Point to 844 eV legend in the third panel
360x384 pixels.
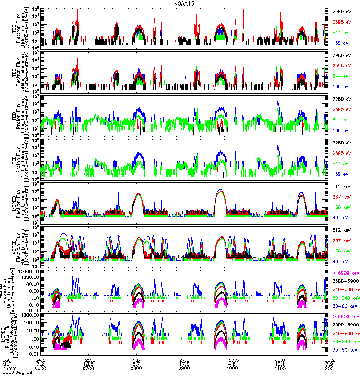point(342,120)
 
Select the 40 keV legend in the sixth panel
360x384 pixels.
point(342,261)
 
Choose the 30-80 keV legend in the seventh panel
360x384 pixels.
point(344,305)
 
